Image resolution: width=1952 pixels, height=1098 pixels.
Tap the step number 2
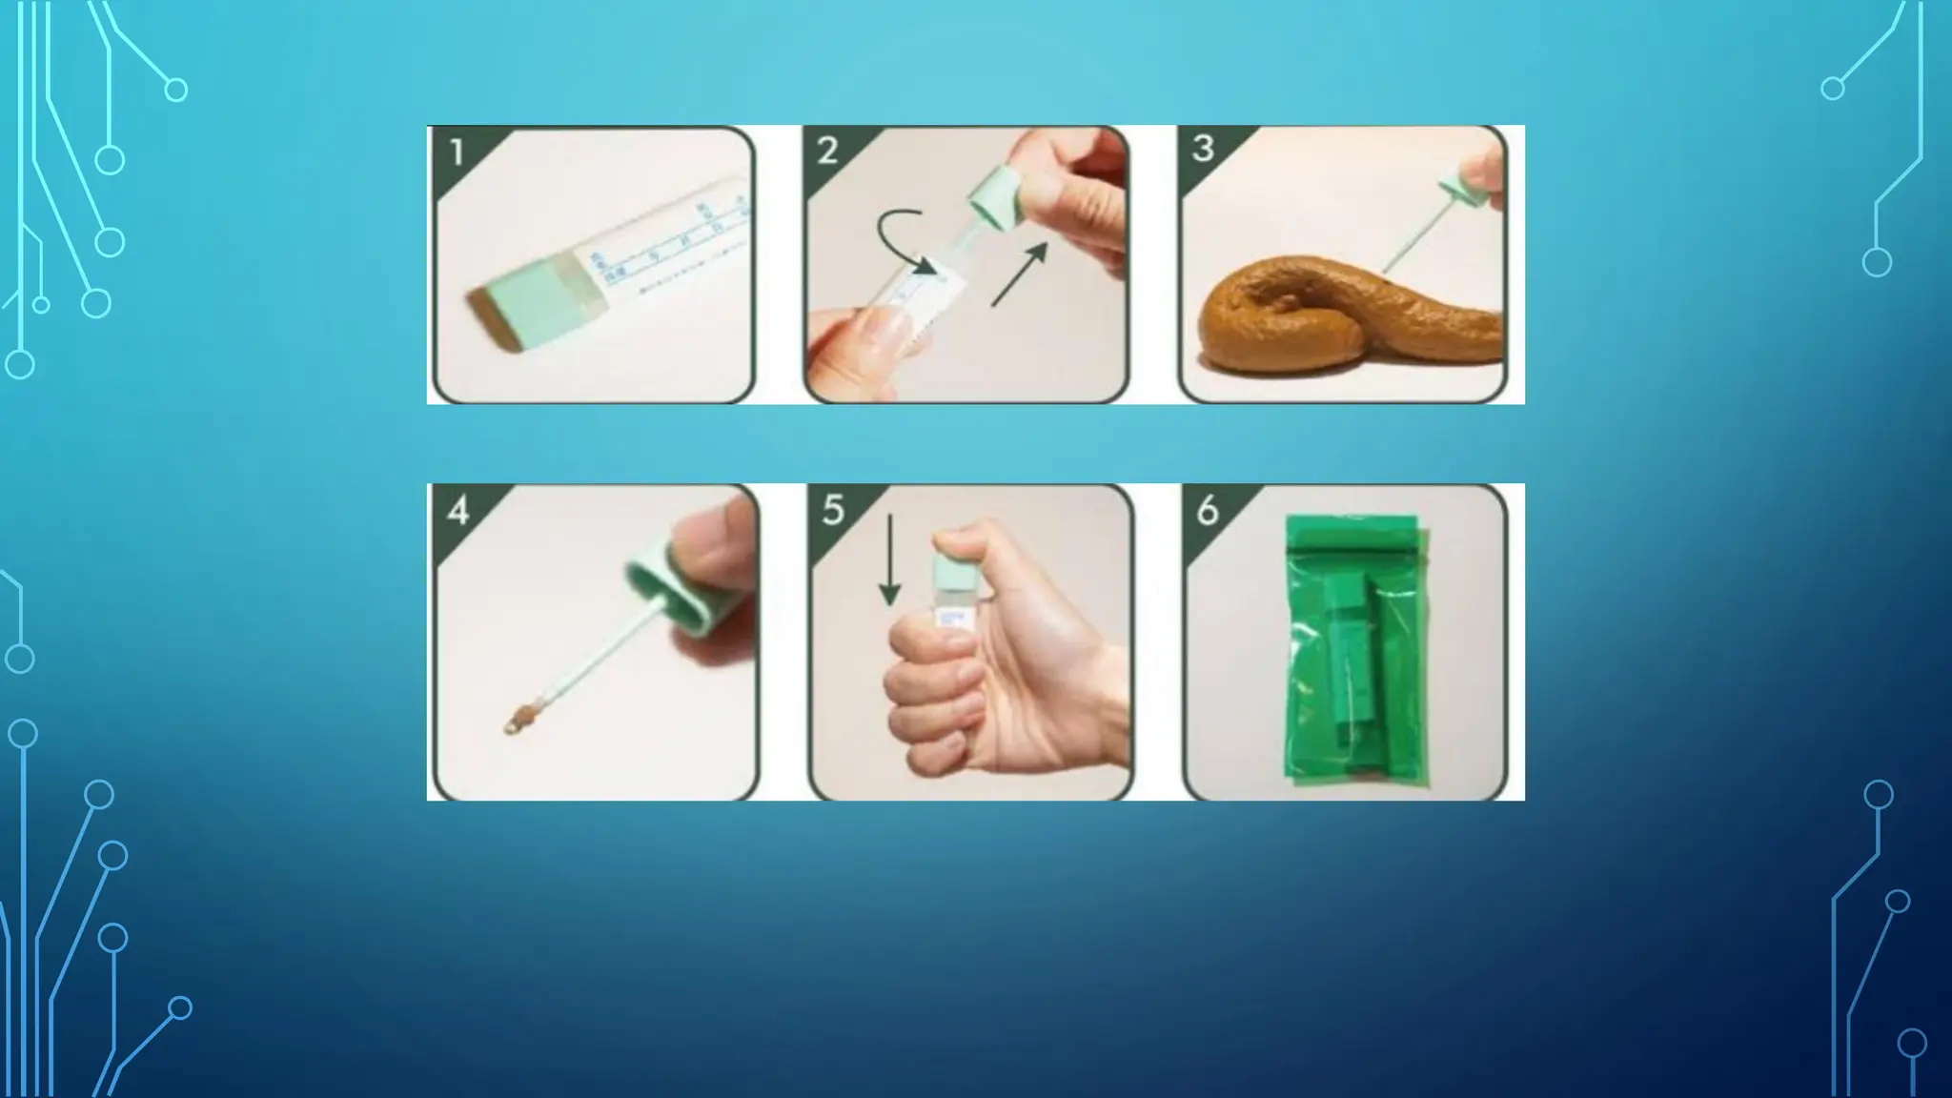pyautogui.click(x=827, y=151)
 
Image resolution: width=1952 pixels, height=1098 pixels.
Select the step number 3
pyautogui.click(x=1203, y=149)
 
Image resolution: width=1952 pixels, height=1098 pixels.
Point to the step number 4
pyautogui.click(x=457, y=511)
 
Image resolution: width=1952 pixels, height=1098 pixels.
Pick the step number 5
pyautogui.click(x=833, y=510)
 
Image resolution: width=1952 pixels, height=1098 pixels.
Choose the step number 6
pyautogui.click(x=1208, y=511)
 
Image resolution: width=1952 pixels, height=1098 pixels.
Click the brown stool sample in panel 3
pyautogui.click(x=1334, y=323)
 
